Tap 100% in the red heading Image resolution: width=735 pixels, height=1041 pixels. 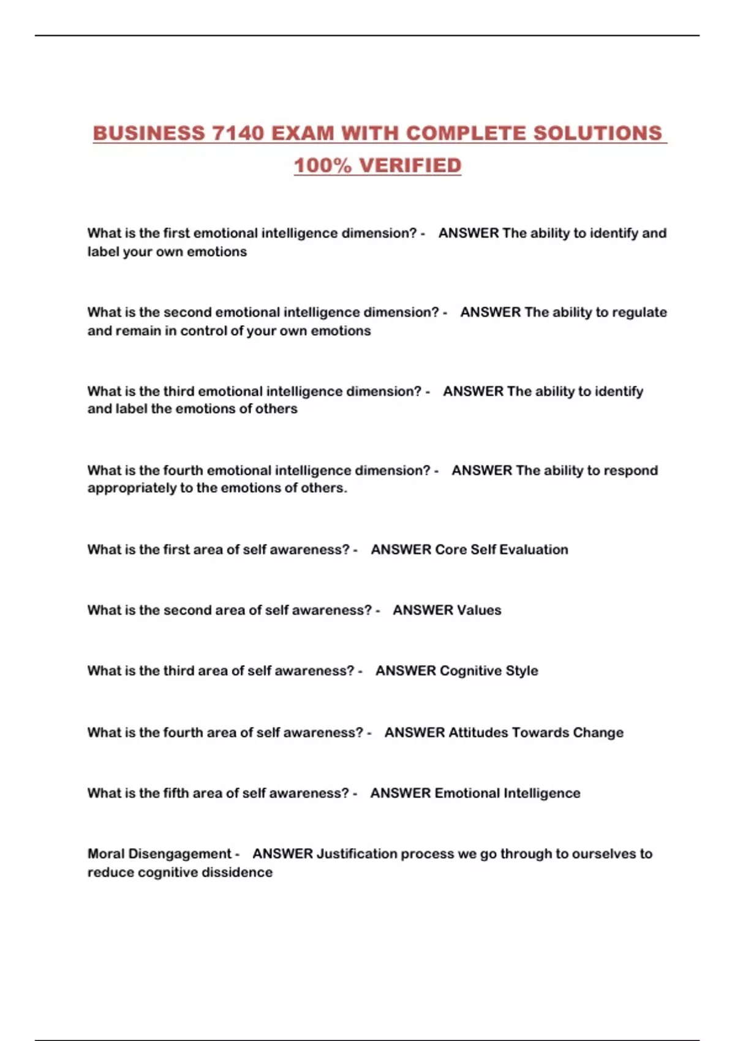point(323,165)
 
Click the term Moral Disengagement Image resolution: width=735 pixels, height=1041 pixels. point(159,854)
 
